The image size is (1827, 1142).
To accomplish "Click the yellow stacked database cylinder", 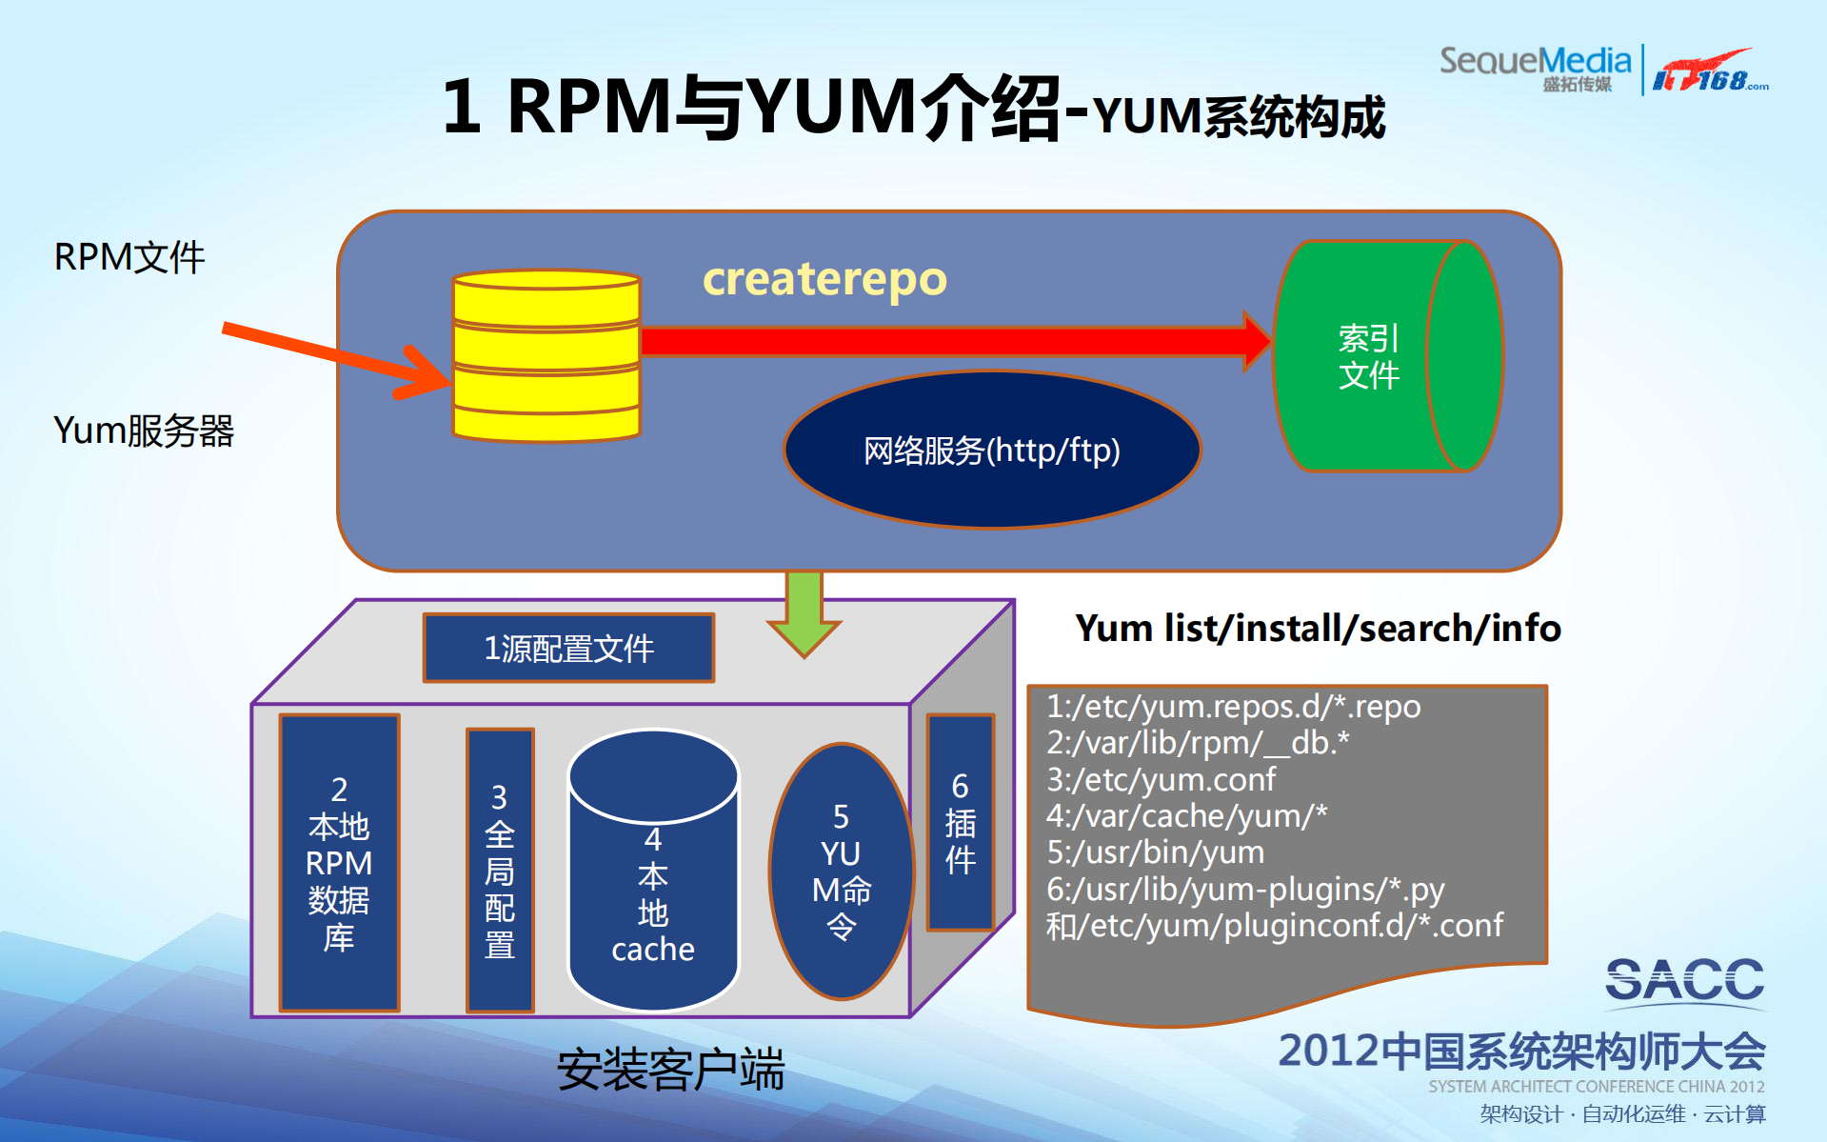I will pos(546,356).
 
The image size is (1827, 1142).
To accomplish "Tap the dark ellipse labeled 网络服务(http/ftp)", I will pos(991,450).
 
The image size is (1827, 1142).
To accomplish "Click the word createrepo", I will pos(824,279).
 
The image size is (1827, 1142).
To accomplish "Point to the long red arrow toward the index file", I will pos(943,341).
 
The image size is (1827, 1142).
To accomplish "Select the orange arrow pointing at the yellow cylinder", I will pos(333,357).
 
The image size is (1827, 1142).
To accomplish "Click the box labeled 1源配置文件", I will pos(568,649).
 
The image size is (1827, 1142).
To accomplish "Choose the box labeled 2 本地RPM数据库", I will pos(339,863).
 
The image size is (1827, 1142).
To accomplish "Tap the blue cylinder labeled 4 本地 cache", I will pos(653,886).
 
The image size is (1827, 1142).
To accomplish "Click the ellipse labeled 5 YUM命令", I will pos(841,872).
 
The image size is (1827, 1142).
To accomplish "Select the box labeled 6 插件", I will pos(960,823).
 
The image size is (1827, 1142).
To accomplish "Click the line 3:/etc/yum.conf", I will pos(1161,780).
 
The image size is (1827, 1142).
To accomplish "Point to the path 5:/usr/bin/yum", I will pos(1155,852).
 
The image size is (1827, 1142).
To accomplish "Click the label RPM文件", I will pos(129,257).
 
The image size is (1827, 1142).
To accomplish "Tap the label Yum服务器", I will pos(143,431).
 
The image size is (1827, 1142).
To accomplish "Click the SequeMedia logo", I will pos(1535,67).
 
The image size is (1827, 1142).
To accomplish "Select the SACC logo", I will pos(1683,981).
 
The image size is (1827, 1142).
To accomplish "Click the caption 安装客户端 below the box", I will pos(670,1070).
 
